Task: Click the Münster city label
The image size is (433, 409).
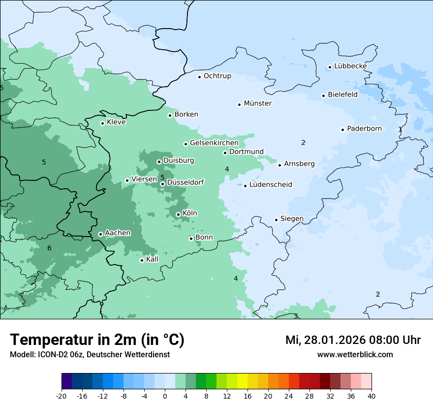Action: (257, 103)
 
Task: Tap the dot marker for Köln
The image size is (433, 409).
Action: (178, 214)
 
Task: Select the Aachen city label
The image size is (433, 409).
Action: (118, 233)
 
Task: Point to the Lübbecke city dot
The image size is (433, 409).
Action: (330, 67)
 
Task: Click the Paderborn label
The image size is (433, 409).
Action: (364, 129)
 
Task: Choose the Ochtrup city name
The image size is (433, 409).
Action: (217, 76)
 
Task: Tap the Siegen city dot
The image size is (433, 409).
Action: (277, 220)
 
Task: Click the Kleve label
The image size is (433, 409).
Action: (116, 122)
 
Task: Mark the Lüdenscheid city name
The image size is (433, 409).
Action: (271, 185)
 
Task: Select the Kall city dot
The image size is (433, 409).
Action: (142, 260)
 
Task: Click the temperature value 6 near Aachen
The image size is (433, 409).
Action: (49, 248)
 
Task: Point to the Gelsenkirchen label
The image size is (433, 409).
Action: (214, 143)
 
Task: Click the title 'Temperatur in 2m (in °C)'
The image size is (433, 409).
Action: (97, 340)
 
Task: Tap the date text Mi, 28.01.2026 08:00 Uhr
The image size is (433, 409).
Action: (353, 340)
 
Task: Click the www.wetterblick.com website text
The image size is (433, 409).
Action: (355, 354)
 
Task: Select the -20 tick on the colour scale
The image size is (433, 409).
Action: (62, 396)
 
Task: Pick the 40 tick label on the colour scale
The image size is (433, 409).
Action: (371, 396)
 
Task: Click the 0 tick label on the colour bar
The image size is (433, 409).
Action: (165, 396)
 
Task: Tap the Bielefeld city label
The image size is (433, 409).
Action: (342, 95)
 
